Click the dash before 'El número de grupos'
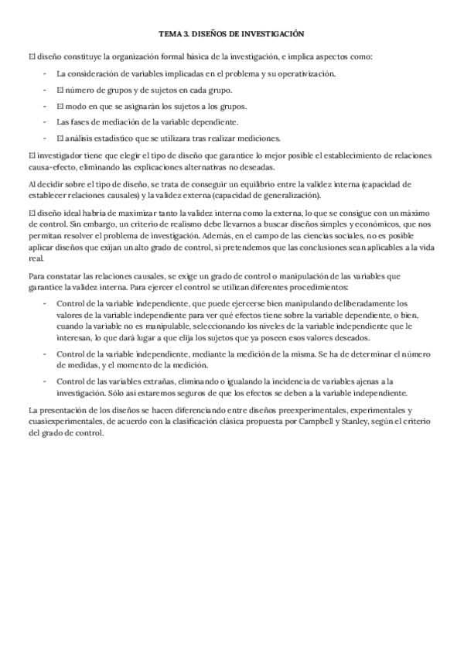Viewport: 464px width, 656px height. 45,90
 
